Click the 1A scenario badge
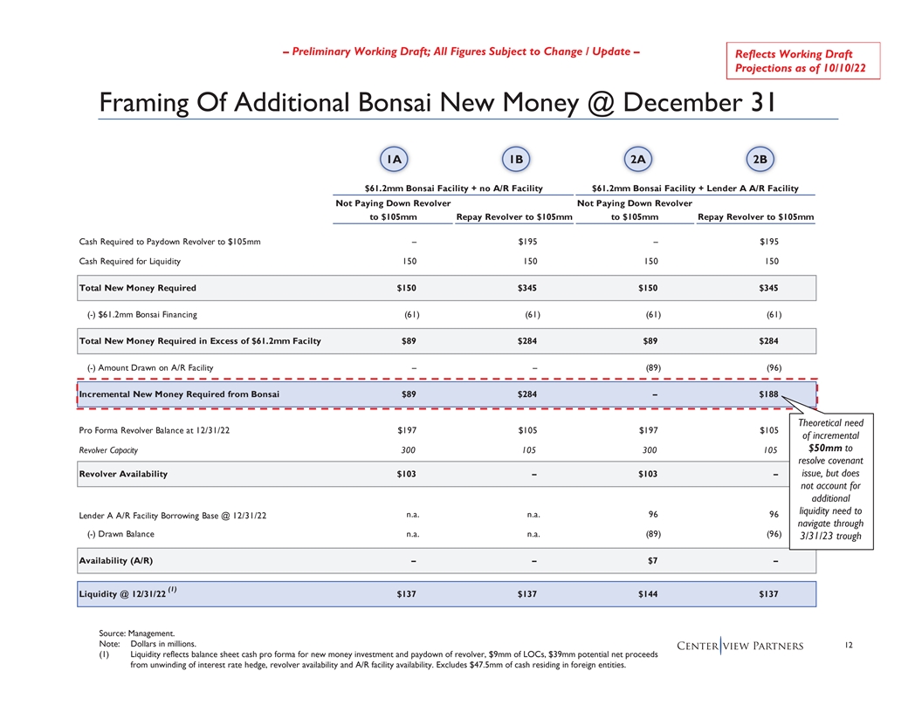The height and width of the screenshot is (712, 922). point(395,159)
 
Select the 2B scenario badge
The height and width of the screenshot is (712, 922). point(760,159)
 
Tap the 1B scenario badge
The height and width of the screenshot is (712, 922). point(517,159)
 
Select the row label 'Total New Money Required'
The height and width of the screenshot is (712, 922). point(138,288)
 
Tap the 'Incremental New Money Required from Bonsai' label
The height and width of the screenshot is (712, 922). point(179,395)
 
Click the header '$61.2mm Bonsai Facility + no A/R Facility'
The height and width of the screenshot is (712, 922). point(453,188)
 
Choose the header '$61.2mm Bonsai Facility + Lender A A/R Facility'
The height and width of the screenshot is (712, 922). point(694,188)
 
